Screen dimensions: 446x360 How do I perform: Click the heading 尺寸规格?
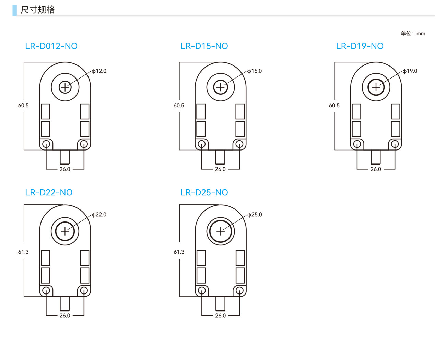[37, 10]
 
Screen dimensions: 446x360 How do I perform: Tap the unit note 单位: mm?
[413, 33]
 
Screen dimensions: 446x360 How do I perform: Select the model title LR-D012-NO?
[51, 46]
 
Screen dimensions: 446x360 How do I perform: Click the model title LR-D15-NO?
[204, 46]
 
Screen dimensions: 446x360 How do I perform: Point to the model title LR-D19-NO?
[360, 46]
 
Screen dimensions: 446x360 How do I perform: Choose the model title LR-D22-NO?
[49, 192]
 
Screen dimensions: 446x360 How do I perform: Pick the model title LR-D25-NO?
[204, 192]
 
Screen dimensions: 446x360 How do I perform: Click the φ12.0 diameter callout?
[99, 71]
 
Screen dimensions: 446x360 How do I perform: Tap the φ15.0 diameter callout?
[255, 71]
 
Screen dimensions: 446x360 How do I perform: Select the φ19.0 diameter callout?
[410, 71]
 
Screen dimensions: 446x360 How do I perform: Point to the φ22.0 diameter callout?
[99, 214]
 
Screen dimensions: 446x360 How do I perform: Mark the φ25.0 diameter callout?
[255, 214]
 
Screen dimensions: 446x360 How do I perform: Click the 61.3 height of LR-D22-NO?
[23, 252]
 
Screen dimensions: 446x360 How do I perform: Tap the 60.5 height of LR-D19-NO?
[334, 105]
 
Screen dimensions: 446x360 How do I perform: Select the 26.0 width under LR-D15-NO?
[220, 169]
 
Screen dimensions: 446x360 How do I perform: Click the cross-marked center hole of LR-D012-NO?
[65, 87]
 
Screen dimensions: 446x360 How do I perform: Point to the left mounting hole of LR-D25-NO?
[202, 290]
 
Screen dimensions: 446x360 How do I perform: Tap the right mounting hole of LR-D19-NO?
[395, 144]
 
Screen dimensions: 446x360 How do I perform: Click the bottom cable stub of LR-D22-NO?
[65, 303]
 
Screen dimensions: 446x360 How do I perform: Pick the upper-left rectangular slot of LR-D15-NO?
[201, 111]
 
